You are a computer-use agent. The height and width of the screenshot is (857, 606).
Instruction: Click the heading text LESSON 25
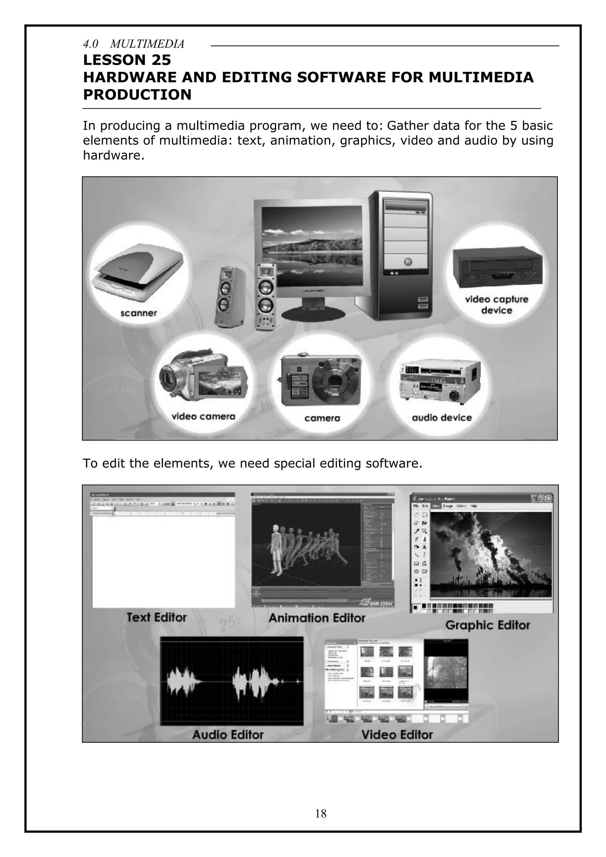click(127, 60)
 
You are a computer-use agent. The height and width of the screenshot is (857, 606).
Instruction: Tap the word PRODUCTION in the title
click(137, 95)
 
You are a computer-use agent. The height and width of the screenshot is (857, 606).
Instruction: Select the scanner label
click(138, 313)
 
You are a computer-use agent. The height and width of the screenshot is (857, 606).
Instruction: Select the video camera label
click(203, 417)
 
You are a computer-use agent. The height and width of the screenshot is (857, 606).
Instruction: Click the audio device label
click(442, 418)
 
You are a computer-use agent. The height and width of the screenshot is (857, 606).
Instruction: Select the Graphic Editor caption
click(487, 625)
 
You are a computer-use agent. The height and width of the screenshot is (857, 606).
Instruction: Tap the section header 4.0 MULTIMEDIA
click(133, 44)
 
